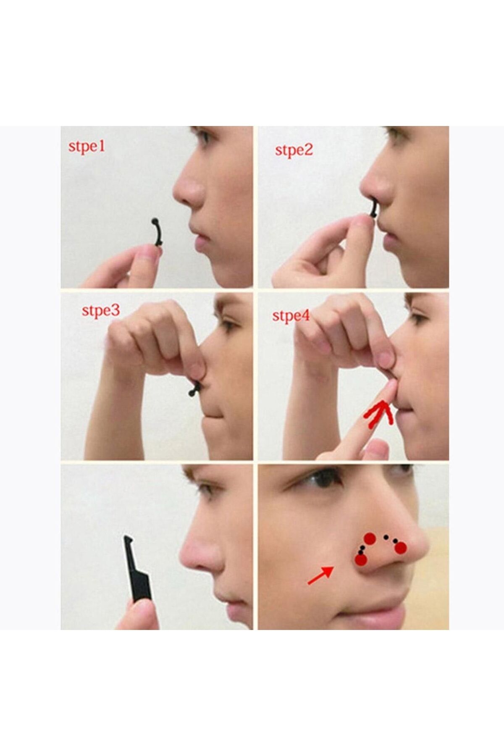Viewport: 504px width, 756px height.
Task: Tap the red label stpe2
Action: [294, 150]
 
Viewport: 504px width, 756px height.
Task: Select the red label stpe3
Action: [101, 311]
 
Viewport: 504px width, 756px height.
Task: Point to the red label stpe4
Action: [291, 316]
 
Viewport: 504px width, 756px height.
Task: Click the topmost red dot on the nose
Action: [370, 538]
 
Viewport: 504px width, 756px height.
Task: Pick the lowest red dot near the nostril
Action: [361, 560]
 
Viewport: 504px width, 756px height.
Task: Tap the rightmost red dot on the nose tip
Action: [400, 548]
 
